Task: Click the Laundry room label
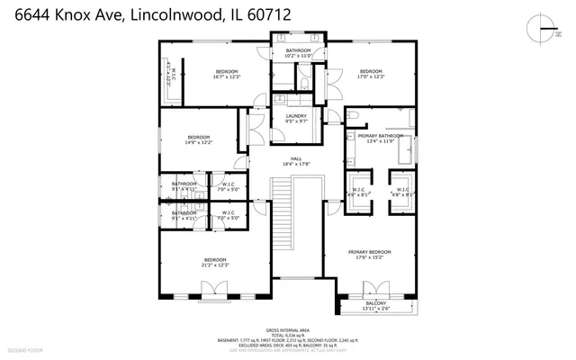coord(296,116)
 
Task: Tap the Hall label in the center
coord(295,157)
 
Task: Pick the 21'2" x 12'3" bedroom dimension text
coord(214,265)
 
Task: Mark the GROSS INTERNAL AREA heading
coord(288,330)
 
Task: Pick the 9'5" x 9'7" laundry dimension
coord(296,121)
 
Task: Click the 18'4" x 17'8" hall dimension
coord(295,163)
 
